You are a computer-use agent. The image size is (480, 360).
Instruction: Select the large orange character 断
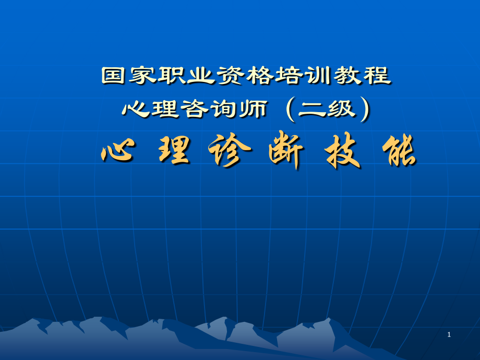[284, 152]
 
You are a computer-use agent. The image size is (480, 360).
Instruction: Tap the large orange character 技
[342, 152]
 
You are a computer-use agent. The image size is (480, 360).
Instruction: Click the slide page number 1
[449, 334]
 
